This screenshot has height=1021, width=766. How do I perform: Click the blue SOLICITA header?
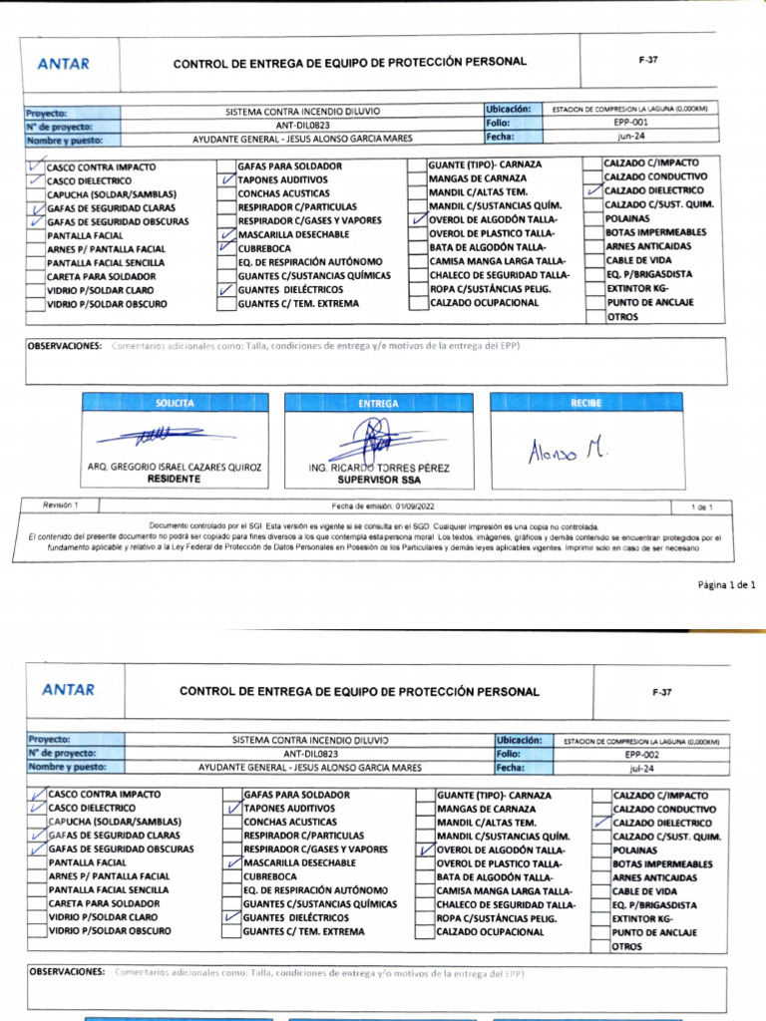176,403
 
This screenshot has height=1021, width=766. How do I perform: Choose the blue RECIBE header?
586,403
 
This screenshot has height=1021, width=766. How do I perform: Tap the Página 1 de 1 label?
726,585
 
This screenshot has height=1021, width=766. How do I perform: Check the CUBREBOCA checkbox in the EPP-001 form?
227,247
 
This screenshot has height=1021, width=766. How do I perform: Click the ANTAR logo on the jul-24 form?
69,689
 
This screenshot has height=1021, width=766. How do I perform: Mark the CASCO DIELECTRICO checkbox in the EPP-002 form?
38,808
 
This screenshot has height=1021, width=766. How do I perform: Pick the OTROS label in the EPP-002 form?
627,946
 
